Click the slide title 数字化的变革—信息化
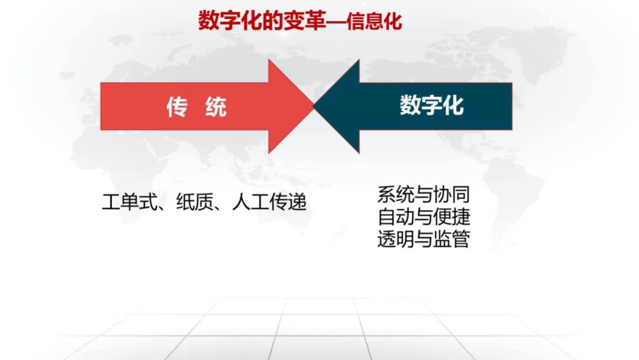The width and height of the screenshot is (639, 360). coord(300,21)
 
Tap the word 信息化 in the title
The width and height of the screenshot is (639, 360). coord(374,21)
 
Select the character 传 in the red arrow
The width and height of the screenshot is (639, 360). coord(177,107)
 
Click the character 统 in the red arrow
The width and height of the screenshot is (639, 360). coord(216,107)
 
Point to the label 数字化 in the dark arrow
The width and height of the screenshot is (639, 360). coord(431,105)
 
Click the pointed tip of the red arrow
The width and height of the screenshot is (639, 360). coord(314,106)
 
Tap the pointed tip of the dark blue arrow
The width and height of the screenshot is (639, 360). coord(314,106)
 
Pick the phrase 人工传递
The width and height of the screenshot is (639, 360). coord(269,202)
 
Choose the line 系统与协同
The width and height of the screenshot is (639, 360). coord(424,194)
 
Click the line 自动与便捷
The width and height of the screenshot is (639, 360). coord(424,217)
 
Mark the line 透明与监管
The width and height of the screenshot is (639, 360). coord(424,239)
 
